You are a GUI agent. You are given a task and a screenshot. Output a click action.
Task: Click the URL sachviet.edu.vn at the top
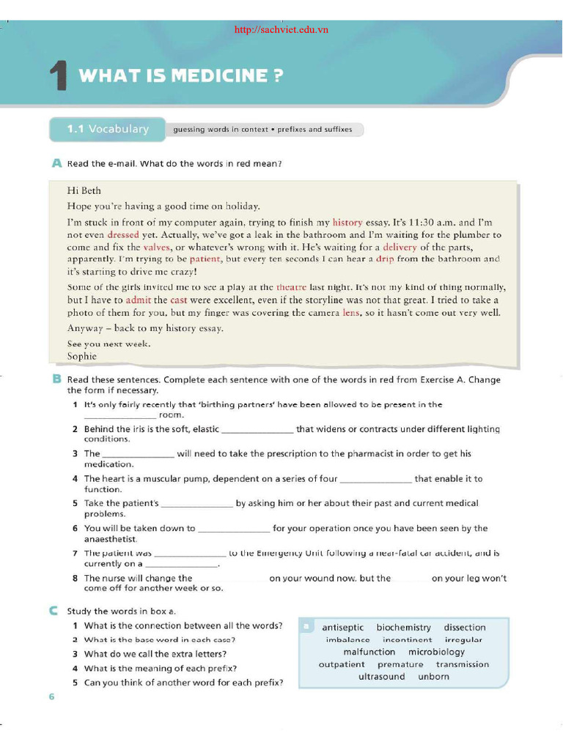point(281,30)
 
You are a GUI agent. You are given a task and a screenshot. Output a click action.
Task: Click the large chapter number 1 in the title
point(59,77)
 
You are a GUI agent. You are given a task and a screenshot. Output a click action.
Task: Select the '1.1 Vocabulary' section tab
point(108,130)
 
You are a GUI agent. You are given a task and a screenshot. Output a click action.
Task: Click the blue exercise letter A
point(56,163)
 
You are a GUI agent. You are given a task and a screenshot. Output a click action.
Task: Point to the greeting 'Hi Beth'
point(84,191)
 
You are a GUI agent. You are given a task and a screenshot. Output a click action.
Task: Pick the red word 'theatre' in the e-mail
point(291,287)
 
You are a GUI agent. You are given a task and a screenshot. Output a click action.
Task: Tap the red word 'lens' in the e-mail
point(351,312)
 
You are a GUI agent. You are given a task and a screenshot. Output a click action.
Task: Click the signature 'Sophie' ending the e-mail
point(82,356)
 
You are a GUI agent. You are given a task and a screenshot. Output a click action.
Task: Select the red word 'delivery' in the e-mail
point(400,247)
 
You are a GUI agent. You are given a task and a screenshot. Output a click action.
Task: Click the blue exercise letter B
point(56,379)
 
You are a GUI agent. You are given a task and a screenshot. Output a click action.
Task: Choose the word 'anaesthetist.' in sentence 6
point(111,539)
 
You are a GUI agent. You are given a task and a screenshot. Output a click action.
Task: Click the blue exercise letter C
point(56,610)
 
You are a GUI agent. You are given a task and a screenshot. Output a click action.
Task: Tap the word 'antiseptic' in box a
point(342,628)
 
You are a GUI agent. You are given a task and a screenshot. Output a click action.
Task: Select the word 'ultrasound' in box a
point(381,677)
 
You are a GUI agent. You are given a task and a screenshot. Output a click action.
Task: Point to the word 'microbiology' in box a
point(436,652)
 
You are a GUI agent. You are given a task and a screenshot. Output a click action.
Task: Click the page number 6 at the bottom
point(51,697)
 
